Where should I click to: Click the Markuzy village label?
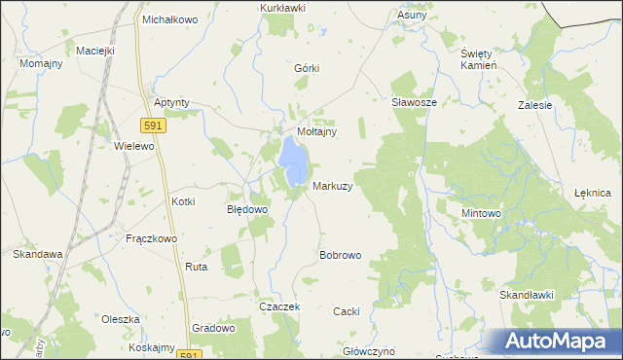tap(332, 185)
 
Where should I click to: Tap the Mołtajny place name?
tap(316, 131)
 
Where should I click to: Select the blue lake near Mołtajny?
tap(292, 153)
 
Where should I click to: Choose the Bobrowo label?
tap(341, 255)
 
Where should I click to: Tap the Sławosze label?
tap(413, 101)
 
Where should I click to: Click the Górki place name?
tap(307, 68)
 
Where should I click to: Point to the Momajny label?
tap(42, 63)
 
